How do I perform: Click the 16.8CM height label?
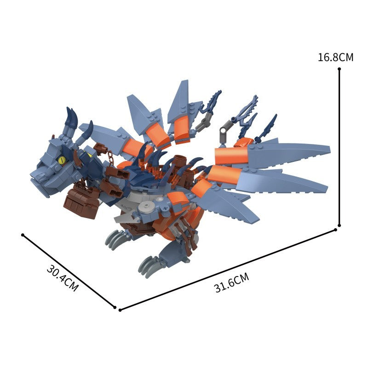click(x=335, y=57)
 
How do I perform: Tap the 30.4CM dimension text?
click(x=62, y=278)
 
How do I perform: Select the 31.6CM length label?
click(x=232, y=282)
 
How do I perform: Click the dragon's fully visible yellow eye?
click(x=62, y=160)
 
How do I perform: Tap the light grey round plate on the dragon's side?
click(x=146, y=207)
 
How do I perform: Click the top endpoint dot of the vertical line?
click(x=339, y=69)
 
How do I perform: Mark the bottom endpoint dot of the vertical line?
click(x=339, y=225)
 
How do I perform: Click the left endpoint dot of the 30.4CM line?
click(x=23, y=235)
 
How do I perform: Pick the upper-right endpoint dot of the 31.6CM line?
click(x=335, y=230)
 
